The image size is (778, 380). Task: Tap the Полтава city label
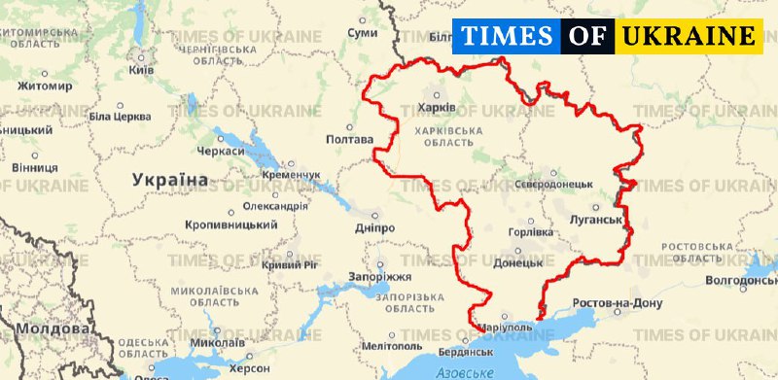coord(348,139)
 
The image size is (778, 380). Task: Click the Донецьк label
coord(517,262)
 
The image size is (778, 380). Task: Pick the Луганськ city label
coord(594,220)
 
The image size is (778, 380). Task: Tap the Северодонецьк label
coord(553,183)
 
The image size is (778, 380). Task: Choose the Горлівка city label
coord(531,232)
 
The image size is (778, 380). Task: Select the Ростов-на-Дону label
coord(617,304)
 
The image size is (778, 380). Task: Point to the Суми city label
coord(362,33)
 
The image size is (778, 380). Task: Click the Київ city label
coord(141,71)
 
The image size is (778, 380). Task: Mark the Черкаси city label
coord(220,152)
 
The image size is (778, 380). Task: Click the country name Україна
coord(170,180)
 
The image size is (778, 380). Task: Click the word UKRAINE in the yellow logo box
coord(689,37)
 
